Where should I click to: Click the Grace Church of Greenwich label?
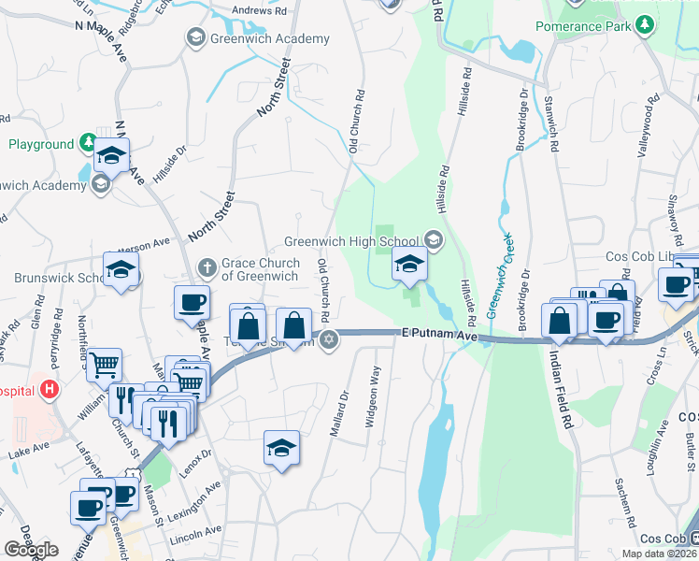pos(260,269)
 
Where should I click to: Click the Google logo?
pos(31,550)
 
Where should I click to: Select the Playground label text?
pos(41,144)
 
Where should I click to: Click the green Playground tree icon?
pos(87,143)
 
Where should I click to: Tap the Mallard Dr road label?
pos(338,411)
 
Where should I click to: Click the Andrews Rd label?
pos(259,11)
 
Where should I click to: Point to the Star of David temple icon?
pos(327,338)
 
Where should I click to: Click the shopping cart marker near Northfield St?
pos(105,364)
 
